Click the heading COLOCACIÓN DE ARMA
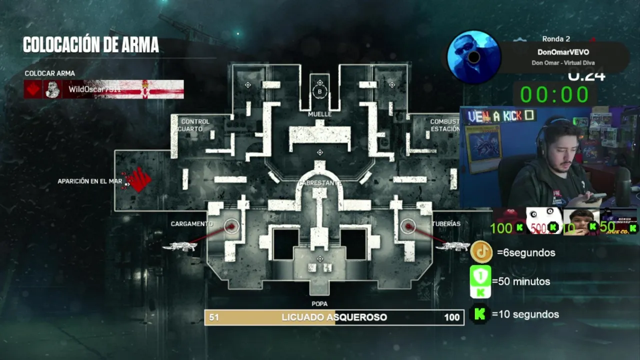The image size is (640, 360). coord(91,45)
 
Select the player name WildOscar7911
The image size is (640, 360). coord(94,89)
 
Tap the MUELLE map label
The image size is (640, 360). coord(320,114)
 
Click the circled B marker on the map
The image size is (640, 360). coord(320,91)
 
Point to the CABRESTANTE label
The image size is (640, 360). coord(320,183)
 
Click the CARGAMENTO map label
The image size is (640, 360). coord(191,224)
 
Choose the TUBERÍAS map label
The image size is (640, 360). coord(446,224)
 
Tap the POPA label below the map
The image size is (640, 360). coord(319,303)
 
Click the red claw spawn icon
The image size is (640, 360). coord(138,180)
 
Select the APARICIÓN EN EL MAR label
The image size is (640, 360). coord(89,181)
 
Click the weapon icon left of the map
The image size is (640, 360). coord(179,246)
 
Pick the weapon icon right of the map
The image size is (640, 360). coord(452,246)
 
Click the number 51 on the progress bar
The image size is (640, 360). coord(214,317)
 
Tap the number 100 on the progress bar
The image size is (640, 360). coord(451,317)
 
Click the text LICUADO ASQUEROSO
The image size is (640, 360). coord(334,317)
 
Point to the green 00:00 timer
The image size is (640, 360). coord(554,94)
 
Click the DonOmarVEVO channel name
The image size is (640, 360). coord(563,52)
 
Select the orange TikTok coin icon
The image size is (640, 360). coord(481,252)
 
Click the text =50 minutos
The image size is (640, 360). coord(521,281)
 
